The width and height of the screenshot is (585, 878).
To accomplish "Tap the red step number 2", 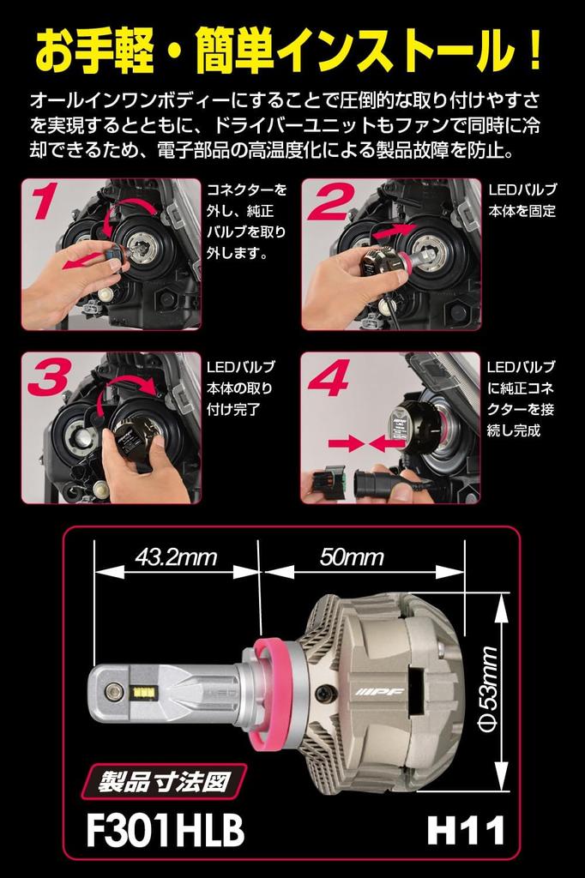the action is [x=331, y=201].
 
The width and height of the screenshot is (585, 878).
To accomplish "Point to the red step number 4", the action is [x=329, y=376].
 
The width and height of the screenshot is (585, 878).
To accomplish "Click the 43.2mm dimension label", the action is [x=175, y=557].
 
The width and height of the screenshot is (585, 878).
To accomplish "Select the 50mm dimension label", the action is [x=352, y=557].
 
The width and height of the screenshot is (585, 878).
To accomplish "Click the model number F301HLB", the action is [x=166, y=830].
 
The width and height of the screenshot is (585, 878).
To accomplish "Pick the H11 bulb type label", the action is [x=466, y=830].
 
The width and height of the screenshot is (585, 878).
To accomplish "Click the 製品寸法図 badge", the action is [x=164, y=780].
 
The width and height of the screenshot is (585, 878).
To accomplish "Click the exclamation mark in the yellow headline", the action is [x=535, y=52].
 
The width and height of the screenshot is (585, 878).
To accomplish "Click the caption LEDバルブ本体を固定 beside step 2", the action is [x=522, y=201].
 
